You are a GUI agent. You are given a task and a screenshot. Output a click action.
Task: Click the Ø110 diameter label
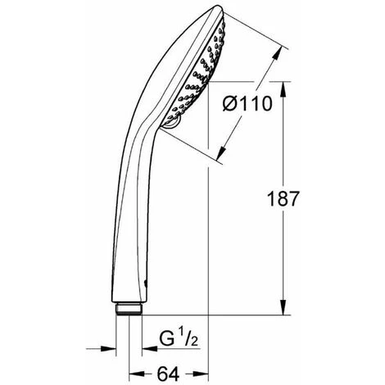click(x=247, y=104)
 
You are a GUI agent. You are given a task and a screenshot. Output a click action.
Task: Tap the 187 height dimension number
click(x=283, y=198)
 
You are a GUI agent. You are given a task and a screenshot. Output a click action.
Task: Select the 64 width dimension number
click(x=168, y=374)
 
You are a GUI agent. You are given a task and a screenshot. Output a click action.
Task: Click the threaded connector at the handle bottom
click(x=129, y=309)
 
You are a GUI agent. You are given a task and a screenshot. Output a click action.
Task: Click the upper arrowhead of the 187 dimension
click(x=283, y=89)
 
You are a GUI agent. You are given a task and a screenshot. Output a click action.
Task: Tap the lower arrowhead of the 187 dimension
click(x=283, y=307)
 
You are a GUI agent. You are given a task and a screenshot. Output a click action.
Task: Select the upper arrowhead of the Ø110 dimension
click(x=277, y=53)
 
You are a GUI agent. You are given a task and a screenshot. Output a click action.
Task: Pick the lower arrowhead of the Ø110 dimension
click(x=221, y=153)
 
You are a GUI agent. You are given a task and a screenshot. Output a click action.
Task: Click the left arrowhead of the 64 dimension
click(x=137, y=374)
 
